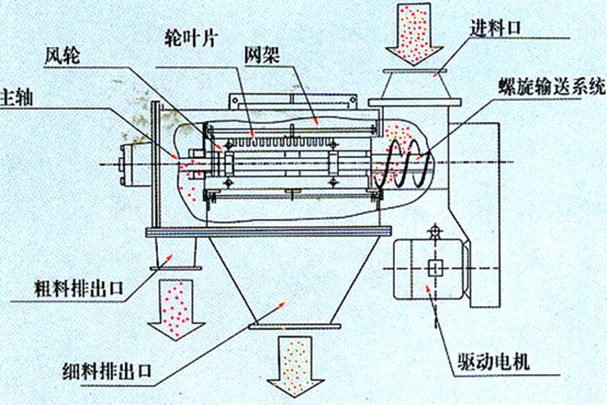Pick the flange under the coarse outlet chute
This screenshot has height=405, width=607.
(x=173, y=269)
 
